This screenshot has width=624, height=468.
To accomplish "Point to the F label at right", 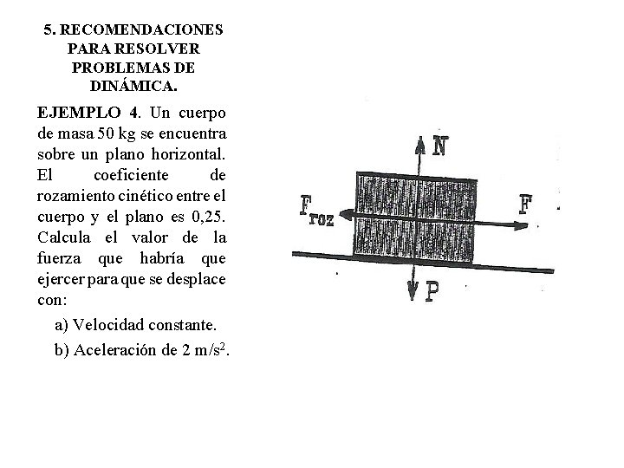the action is (525, 205).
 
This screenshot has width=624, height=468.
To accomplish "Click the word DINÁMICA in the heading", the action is (133, 87).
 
